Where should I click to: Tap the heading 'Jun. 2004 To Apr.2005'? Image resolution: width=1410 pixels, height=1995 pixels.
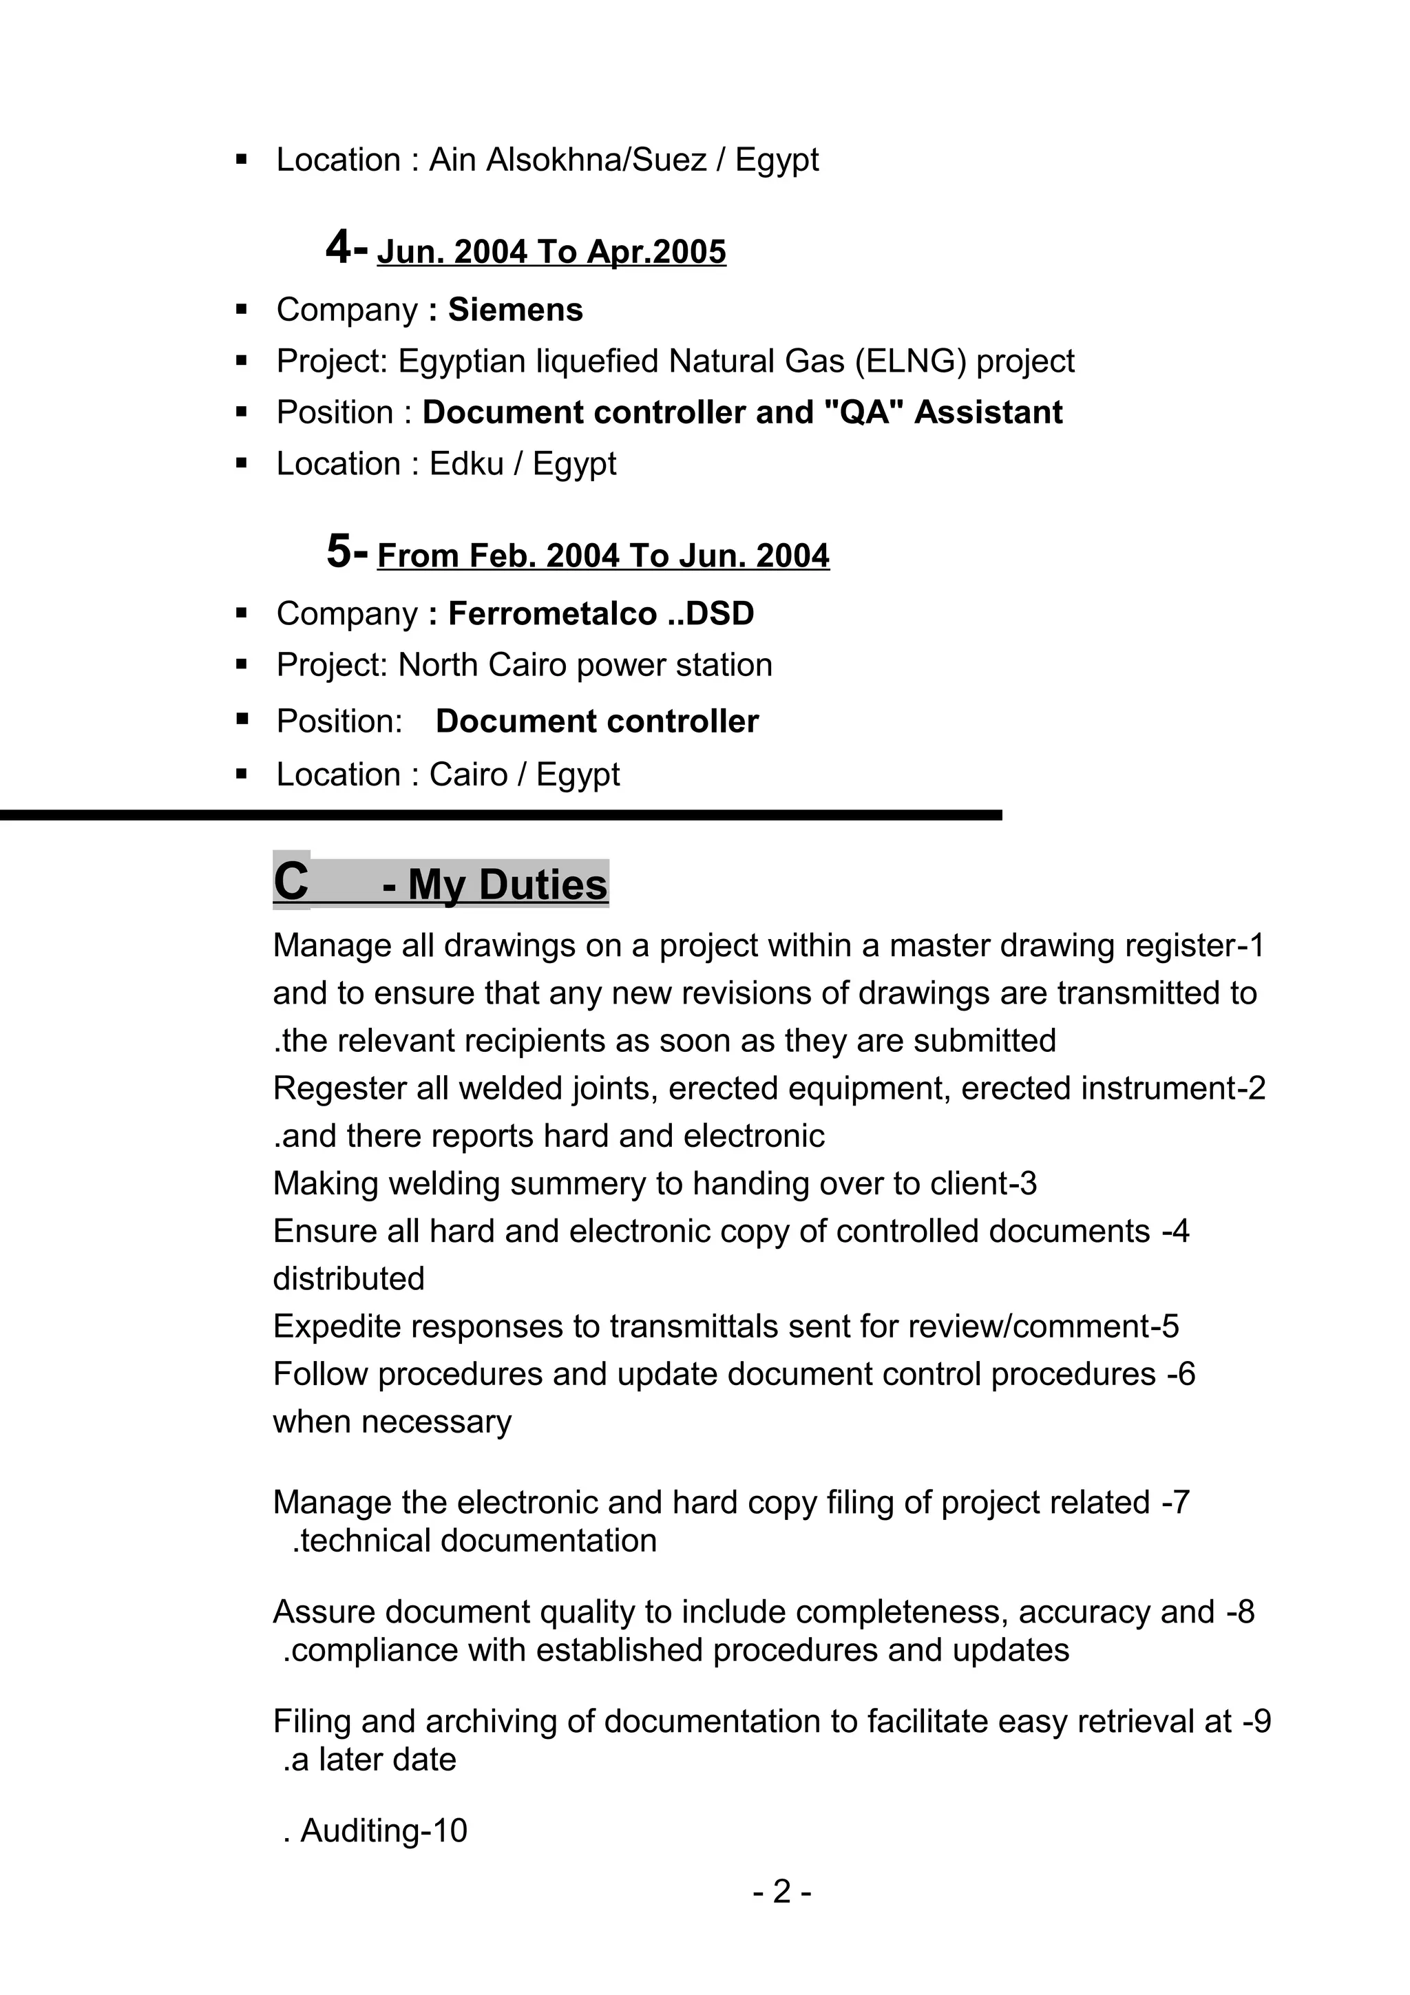[551, 252]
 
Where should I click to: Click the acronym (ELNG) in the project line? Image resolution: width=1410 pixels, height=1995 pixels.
[910, 361]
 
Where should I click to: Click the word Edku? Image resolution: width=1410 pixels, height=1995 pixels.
[467, 464]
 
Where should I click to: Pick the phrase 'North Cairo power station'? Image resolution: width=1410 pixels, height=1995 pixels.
[585, 666]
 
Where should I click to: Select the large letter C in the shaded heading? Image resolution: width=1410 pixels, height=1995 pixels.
[291, 881]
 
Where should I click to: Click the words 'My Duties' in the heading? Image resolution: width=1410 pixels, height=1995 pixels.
[507, 885]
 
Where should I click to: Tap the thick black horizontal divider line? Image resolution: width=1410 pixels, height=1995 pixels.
[501, 815]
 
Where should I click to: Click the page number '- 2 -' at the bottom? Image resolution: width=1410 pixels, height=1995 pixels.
[782, 1892]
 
